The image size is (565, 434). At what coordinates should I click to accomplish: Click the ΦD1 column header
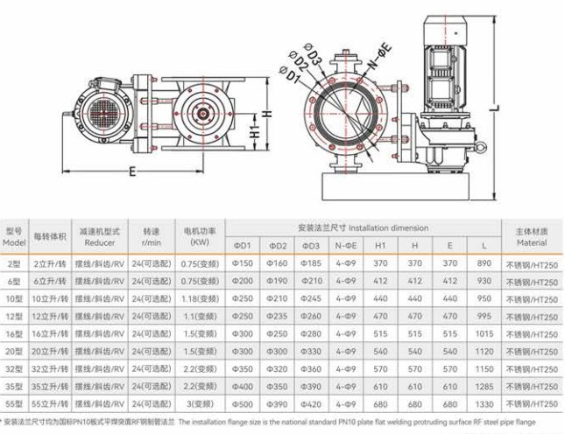242,246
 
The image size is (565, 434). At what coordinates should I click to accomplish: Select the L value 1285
484,387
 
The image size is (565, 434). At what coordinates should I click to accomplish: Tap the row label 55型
14,404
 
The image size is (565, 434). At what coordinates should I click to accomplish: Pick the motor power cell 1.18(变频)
200,298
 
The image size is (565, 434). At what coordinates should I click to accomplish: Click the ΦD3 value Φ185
311,263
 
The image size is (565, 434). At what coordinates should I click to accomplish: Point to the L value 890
484,263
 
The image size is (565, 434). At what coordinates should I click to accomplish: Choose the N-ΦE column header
345,246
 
